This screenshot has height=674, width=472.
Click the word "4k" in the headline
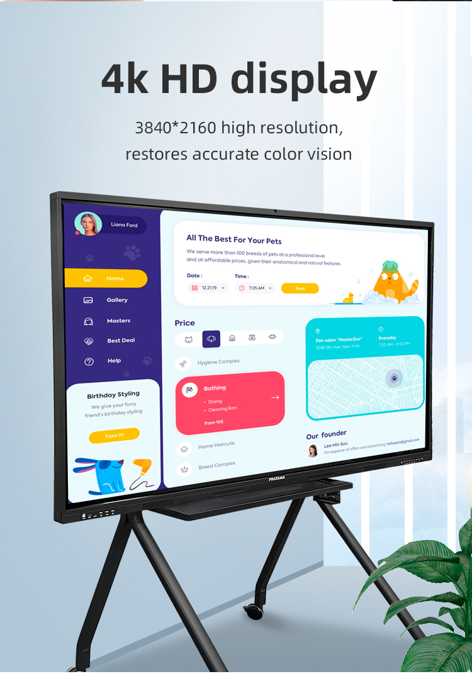(125, 79)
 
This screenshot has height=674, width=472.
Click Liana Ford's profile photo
(88, 224)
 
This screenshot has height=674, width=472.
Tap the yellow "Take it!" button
(114, 435)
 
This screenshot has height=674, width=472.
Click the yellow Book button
(300, 288)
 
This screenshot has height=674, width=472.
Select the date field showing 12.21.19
(208, 288)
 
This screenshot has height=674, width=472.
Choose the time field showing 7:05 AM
(256, 288)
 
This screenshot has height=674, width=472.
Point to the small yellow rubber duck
(347, 298)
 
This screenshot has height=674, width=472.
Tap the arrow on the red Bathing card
(275, 397)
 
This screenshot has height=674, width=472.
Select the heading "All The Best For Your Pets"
(233, 240)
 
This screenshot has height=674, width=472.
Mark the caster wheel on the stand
(254, 610)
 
